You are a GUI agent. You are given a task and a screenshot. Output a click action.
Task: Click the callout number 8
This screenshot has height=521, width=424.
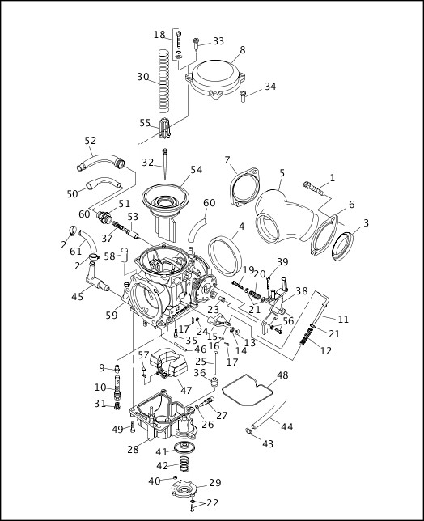pyautogui.click(x=241, y=50)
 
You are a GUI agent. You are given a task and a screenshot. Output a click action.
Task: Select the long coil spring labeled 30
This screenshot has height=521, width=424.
pyautogui.click(x=165, y=81)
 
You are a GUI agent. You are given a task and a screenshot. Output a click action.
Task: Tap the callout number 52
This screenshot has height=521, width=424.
pyautogui.click(x=91, y=139)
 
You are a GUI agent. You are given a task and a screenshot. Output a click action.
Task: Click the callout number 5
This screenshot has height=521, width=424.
pyautogui.click(x=281, y=172)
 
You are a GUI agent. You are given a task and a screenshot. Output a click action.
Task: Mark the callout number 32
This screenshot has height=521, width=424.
pyautogui.click(x=146, y=163)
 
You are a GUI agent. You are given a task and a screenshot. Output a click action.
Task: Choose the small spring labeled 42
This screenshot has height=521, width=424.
pyautogui.click(x=186, y=465)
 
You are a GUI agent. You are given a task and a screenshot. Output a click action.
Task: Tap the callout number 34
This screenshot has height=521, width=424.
pyautogui.click(x=270, y=87)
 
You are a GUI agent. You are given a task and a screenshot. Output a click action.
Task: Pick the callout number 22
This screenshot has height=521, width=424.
pyautogui.click(x=213, y=503)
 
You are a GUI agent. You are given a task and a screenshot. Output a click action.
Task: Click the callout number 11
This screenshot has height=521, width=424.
pyautogui.click(x=343, y=319)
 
